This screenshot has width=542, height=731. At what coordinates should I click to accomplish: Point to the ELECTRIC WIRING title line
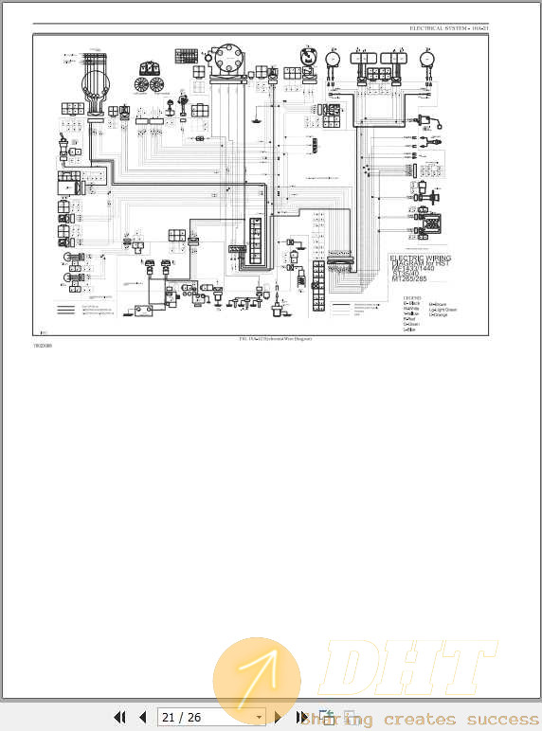click(421, 259)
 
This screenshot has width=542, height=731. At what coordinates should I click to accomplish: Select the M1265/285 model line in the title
click(409, 281)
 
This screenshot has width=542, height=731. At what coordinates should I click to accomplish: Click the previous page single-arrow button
click(143, 718)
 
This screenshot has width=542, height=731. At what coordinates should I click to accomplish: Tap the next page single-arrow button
click(278, 718)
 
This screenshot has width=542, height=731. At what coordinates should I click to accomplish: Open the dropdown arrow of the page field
click(258, 718)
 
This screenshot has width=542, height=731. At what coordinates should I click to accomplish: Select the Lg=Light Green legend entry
click(443, 310)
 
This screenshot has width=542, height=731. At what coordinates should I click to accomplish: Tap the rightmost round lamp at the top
click(428, 58)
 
